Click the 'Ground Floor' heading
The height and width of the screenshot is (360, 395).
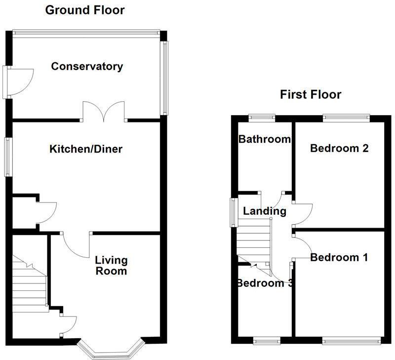(x=84, y=10)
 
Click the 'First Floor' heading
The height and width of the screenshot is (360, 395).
(x=310, y=94)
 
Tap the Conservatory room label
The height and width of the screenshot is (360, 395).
(x=87, y=66)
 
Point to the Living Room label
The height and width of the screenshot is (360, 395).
(x=111, y=265)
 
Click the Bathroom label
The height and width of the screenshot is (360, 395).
(x=264, y=139)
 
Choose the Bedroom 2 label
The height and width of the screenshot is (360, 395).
(x=340, y=148)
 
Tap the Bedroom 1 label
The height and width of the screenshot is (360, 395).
(x=340, y=257)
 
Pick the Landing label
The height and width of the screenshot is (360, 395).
(x=265, y=211)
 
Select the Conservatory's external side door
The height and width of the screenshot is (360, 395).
(x=20, y=81)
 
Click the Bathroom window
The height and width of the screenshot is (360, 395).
(x=262, y=117)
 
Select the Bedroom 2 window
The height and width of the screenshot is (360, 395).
(x=346, y=117)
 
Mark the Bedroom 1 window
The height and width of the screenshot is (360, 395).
(x=352, y=340)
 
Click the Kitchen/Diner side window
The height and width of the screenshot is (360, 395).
(x=8, y=156)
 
